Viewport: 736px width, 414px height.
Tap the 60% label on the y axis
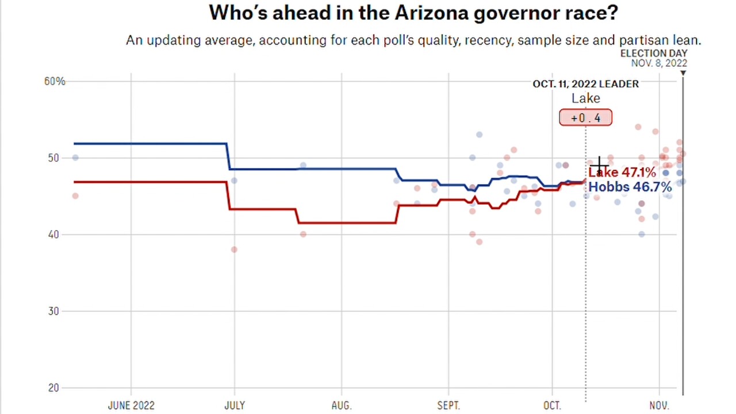[55, 82]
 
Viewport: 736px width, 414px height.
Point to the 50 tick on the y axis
[53, 158]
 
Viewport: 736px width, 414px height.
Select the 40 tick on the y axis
[53, 235]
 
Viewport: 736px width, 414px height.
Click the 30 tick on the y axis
[53, 311]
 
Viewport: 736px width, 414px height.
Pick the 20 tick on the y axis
[53, 388]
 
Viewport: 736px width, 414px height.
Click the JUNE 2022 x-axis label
[131, 405]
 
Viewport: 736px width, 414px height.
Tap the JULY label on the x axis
[234, 405]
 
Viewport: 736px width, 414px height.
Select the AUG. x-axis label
[341, 405]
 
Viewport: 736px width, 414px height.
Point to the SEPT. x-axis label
[448, 405]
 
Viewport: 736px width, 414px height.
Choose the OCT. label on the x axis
[552, 405]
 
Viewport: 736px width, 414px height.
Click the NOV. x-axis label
[659, 405]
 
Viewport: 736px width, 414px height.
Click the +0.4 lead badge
[585, 118]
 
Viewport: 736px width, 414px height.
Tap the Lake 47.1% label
[622, 172]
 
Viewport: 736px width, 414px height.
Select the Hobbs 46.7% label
[630, 187]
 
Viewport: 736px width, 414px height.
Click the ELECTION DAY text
[653, 53]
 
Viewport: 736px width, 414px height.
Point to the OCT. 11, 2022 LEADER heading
[585, 84]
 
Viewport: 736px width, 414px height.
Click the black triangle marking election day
[683, 73]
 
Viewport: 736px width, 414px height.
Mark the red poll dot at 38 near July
[234, 250]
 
